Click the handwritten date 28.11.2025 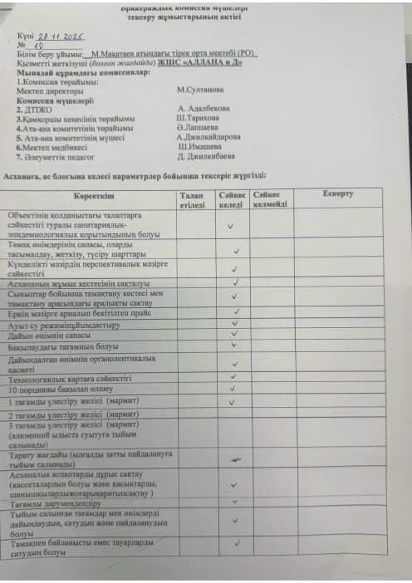click(64, 37)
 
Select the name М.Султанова click(200, 88)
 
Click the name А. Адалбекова click(204, 108)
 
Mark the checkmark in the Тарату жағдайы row click(236, 458)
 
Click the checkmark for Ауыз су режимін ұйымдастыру click(236, 325)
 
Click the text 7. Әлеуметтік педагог click(60, 156)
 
